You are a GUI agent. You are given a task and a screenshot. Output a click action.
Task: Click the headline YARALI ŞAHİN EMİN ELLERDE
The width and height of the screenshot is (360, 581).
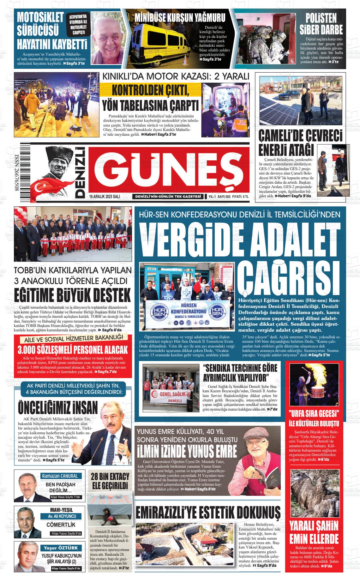click(314, 531)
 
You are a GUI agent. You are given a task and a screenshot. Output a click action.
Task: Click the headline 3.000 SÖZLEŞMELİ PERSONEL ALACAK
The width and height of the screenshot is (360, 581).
click(73, 349)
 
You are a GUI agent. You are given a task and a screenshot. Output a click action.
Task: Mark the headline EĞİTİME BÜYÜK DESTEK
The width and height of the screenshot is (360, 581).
click(72, 295)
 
